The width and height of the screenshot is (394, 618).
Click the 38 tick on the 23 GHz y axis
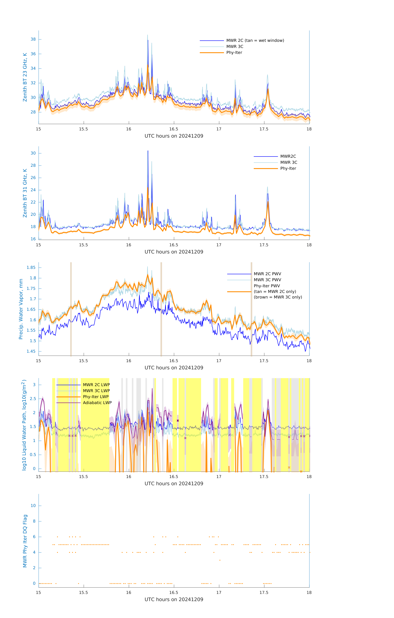tap(33, 39)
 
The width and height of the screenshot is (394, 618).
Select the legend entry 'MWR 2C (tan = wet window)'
tap(255, 41)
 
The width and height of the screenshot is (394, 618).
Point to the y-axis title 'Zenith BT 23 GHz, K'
tap(25, 77)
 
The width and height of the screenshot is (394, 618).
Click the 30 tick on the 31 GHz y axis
tap(33, 153)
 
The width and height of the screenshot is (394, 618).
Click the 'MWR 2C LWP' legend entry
tap(96, 385)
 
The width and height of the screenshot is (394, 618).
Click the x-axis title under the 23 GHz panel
tap(174, 136)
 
